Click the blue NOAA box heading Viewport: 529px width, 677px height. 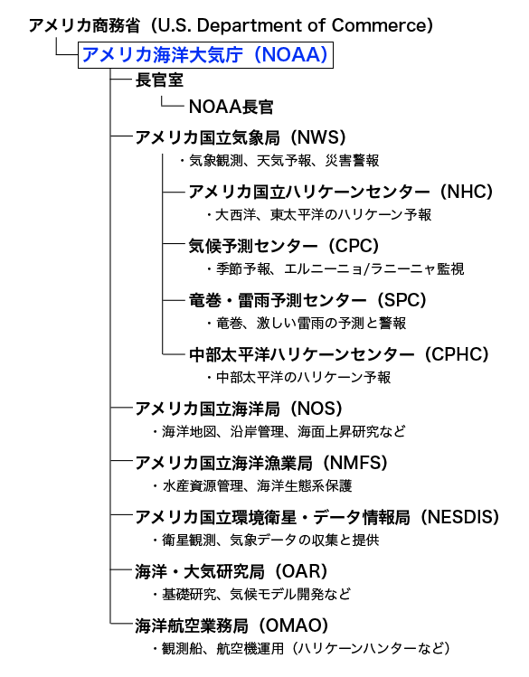[205, 55]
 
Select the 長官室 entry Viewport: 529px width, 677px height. [159, 80]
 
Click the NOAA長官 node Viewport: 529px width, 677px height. [231, 107]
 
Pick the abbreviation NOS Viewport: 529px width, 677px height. [316, 409]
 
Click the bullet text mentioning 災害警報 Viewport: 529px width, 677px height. [279, 161]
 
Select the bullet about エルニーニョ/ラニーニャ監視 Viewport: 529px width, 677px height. [335, 269]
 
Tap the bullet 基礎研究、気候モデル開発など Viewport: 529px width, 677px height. [251, 595]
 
